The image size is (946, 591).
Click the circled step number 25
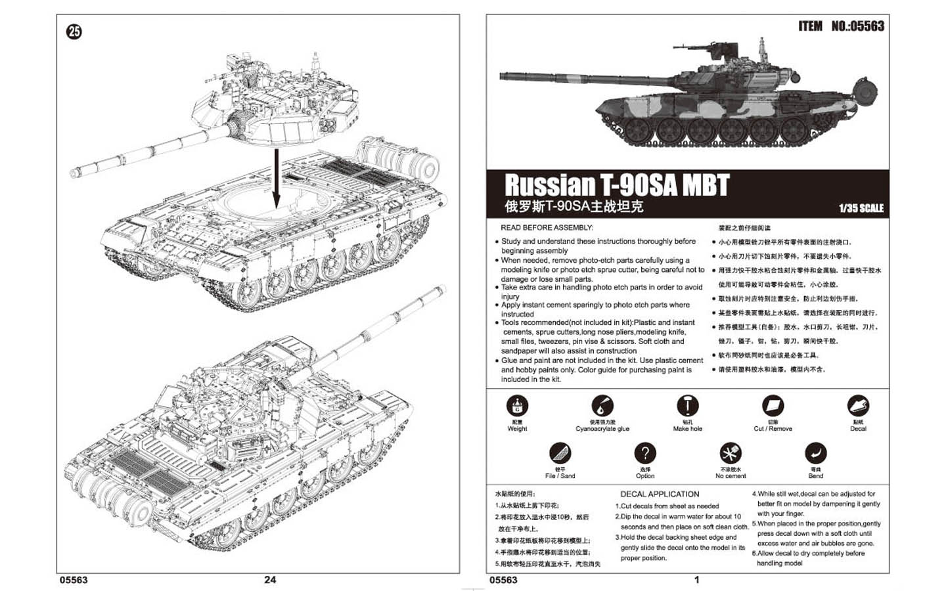[x=74, y=32]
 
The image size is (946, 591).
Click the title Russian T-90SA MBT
[x=616, y=185]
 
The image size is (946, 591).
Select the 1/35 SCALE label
[x=861, y=208]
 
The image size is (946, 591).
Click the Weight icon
[x=517, y=406]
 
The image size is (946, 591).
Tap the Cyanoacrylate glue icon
[x=602, y=406]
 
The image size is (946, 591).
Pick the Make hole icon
[x=687, y=406]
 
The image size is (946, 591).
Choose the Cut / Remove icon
[x=773, y=406]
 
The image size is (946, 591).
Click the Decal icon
[x=858, y=406]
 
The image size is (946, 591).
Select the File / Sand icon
[x=560, y=453]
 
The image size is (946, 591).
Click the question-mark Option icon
[x=645, y=453]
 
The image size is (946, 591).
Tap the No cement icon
[x=731, y=453]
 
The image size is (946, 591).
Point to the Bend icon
[x=815, y=453]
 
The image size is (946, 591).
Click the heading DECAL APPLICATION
[x=660, y=494]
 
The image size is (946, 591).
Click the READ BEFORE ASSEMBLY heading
[x=547, y=228]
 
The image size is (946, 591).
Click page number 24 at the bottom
[x=270, y=579]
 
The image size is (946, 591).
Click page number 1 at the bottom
[x=696, y=579]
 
